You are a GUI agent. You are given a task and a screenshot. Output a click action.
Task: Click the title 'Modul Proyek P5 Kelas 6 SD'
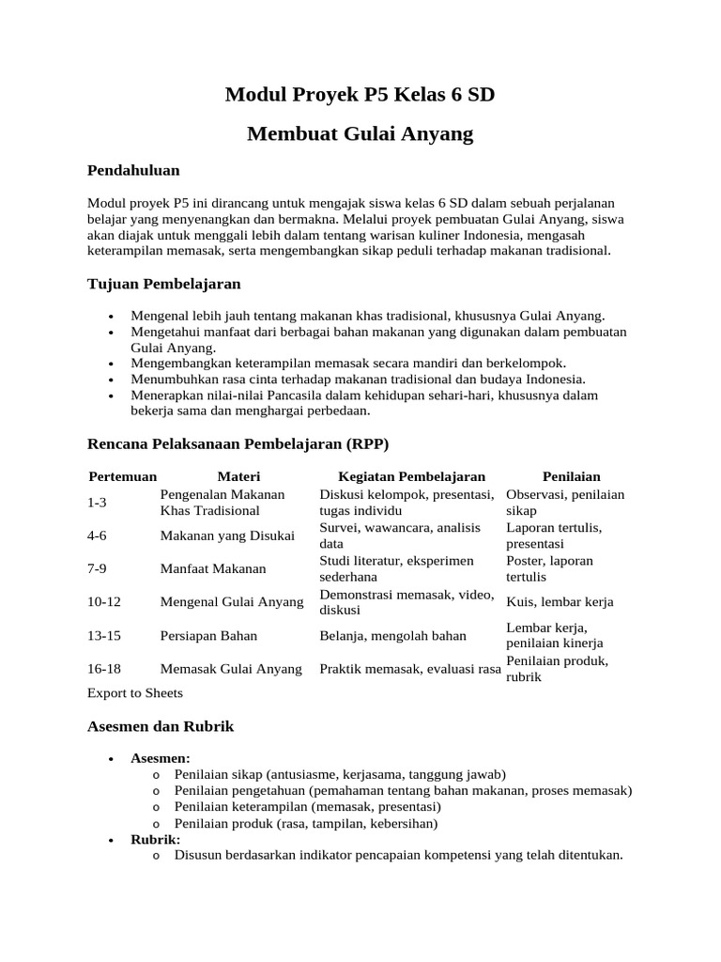coord(360,95)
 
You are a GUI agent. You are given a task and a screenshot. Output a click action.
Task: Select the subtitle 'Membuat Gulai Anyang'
coord(360,134)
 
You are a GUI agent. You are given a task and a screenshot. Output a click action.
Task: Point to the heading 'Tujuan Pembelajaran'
coord(163,283)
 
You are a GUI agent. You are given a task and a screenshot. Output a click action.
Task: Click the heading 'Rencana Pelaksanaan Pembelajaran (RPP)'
coord(238,442)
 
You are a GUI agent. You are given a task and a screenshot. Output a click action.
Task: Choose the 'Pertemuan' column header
coord(123,477)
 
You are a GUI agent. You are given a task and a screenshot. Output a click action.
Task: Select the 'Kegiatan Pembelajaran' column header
coord(411,477)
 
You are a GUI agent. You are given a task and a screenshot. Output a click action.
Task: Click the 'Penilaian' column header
coord(571,477)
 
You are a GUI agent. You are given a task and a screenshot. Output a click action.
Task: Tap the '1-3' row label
coord(98,503)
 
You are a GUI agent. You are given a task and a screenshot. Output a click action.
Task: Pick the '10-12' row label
coord(104,601)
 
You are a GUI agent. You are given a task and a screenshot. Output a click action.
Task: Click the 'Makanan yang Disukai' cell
coord(227,535)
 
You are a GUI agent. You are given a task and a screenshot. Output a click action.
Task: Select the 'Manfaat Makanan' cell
coord(213,568)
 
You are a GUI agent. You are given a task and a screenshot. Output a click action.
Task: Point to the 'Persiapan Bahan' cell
coord(208,635)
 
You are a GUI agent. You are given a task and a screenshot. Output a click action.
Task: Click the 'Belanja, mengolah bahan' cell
coord(392,635)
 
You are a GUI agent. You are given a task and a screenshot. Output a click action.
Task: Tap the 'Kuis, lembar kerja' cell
coord(560,601)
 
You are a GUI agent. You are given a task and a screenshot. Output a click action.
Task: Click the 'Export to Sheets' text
coord(134,693)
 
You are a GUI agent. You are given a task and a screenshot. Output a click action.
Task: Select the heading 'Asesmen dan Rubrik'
coord(160,726)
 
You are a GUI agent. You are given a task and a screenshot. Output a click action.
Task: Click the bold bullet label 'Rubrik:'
coord(155,839)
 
